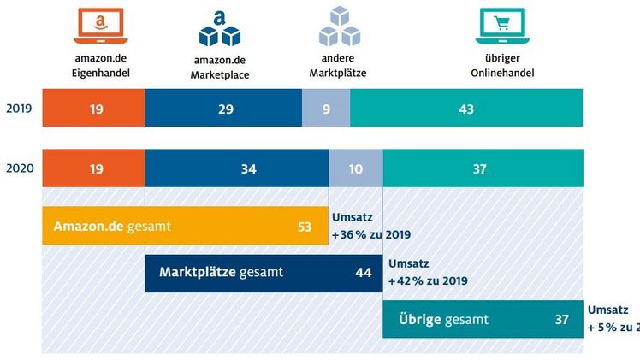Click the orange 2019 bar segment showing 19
[93, 109]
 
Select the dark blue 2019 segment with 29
[223, 109]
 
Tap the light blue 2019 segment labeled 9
[326, 109]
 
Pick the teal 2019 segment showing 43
[466, 109]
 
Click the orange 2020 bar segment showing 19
[93, 168]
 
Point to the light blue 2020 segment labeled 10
[356, 168]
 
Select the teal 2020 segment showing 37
[483, 168]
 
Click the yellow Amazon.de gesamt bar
[185, 227]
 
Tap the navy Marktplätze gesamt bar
[264, 273]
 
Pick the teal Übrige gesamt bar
[483, 320]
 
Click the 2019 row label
[19, 109]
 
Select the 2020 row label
[19, 168]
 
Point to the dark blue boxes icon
[220, 27]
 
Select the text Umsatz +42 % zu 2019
[427, 272]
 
